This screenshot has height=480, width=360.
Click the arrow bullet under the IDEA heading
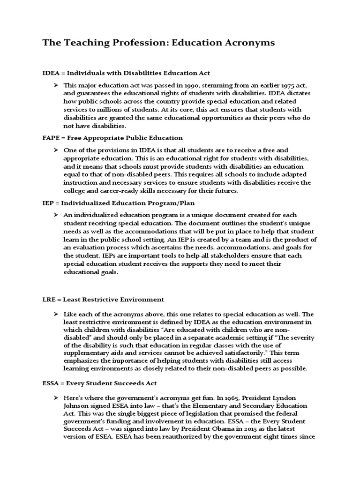(55, 85)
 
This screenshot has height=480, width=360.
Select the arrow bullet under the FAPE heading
(55, 150)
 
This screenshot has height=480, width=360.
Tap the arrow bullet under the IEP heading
(55, 214)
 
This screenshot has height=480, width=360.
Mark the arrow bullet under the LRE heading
(55, 314)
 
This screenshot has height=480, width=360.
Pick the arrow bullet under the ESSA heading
(55, 397)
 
